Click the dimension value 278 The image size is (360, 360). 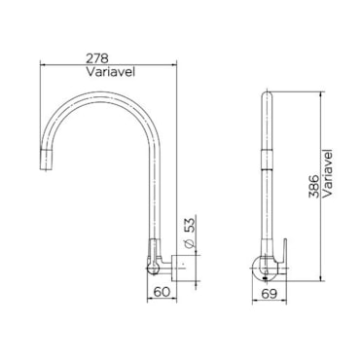click(97, 58)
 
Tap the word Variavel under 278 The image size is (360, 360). click(110, 72)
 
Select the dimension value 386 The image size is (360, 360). click(313, 187)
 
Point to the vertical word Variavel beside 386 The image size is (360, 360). click(328, 172)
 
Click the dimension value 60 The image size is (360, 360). click(162, 292)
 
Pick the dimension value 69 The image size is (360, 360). click(270, 294)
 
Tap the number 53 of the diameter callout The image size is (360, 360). click(191, 225)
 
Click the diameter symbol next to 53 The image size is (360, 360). click(191, 244)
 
